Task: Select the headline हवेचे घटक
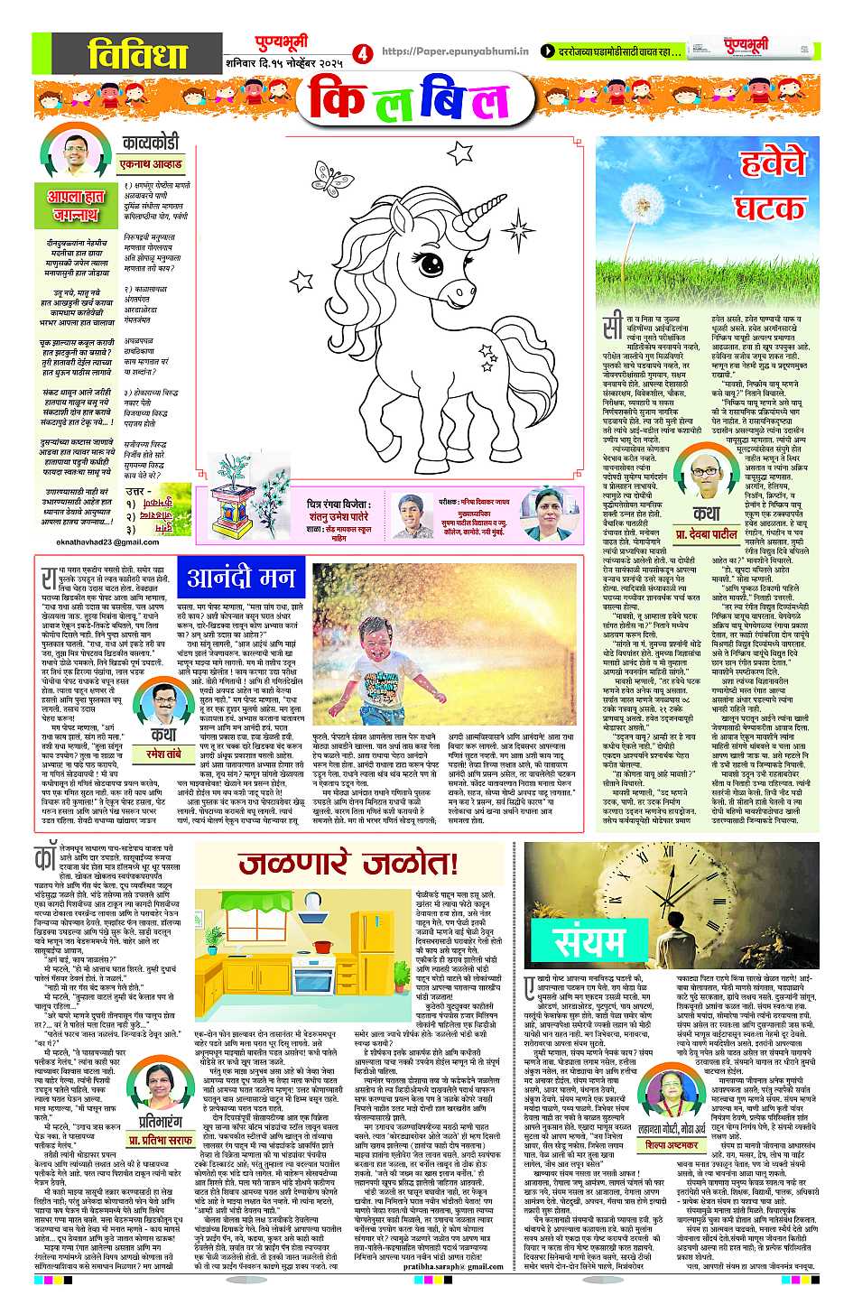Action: pos(770,186)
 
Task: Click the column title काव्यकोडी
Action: pos(151,143)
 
